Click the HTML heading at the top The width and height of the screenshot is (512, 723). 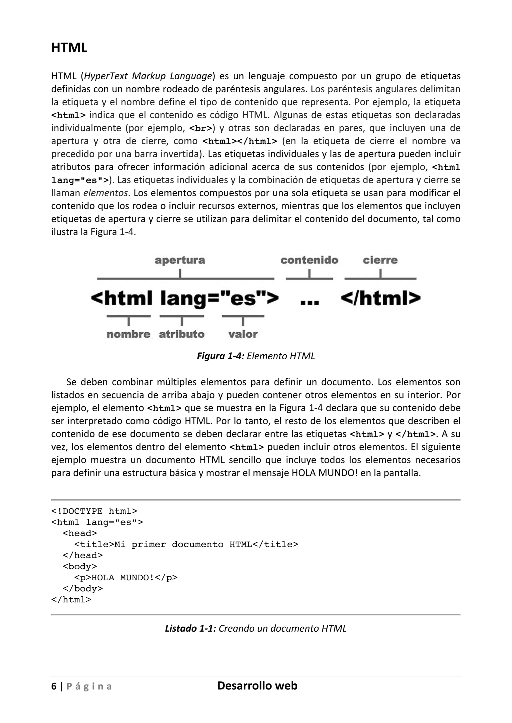tap(69, 48)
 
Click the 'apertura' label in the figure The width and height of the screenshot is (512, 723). tap(180, 260)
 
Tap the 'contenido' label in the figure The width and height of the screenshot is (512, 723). tap(309, 260)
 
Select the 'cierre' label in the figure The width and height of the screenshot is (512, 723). tap(380, 260)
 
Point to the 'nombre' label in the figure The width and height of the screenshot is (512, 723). tap(128, 335)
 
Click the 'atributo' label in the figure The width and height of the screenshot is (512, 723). tap(181, 335)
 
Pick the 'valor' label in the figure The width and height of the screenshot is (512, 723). tap(243, 335)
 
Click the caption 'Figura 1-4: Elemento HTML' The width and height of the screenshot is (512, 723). tap(256, 356)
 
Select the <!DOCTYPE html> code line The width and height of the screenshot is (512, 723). tap(94, 511)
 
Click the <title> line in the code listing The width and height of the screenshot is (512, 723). tap(186, 544)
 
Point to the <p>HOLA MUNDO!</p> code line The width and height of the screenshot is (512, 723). tap(126, 578)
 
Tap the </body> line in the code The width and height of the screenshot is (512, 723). tap(82, 589)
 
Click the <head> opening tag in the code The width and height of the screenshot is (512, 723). tap(80, 533)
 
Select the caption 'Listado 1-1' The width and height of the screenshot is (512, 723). tap(256, 628)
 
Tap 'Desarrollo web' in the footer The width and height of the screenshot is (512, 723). tap(257, 686)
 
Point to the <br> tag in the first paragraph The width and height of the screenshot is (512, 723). tap(200, 128)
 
